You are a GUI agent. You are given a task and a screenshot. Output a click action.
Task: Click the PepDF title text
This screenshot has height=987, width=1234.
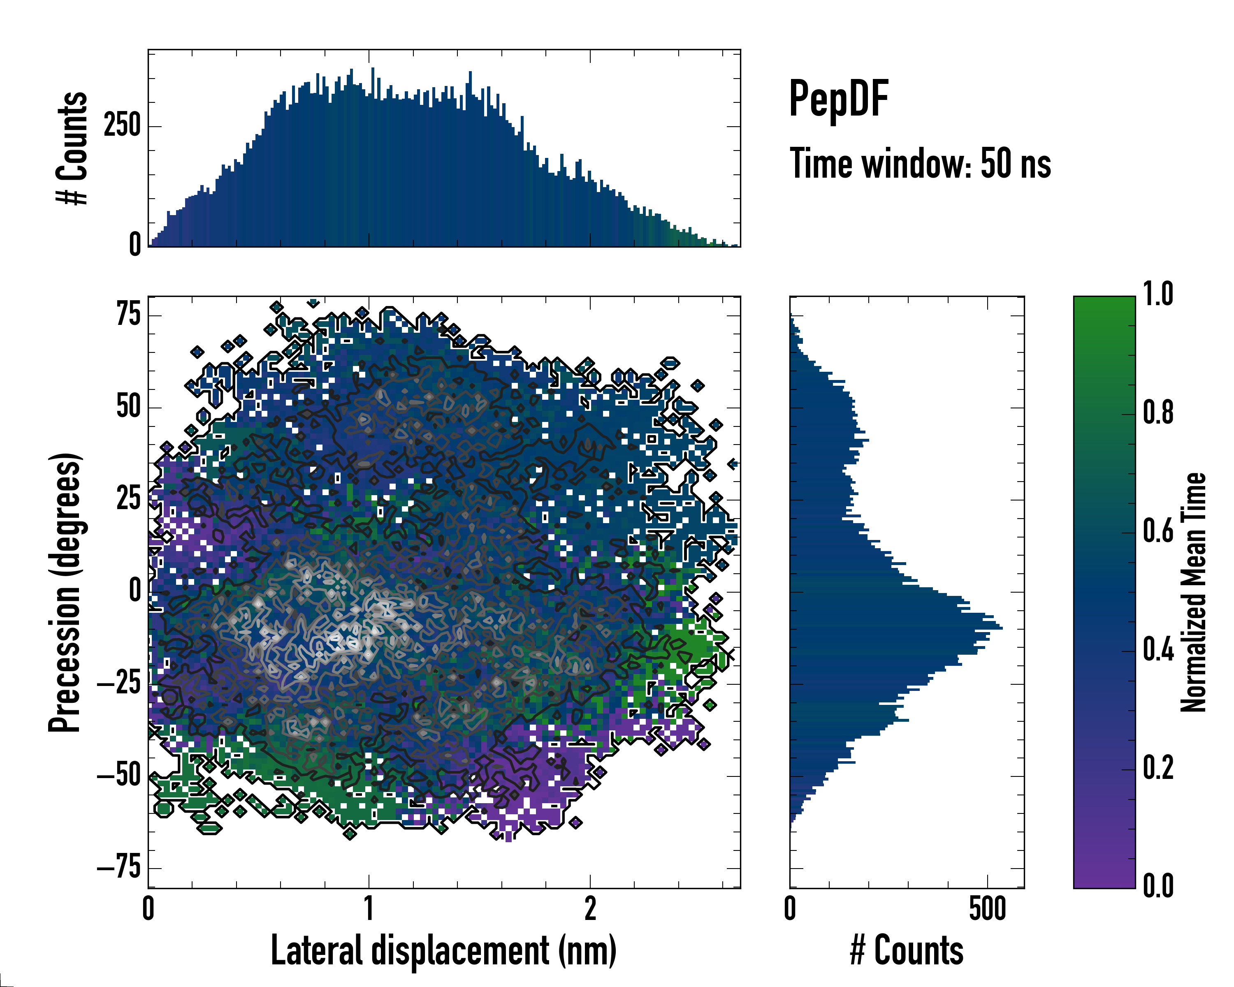pyautogui.click(x=838, y=99)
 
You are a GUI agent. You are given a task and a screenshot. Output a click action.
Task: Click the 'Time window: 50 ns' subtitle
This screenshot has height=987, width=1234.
pyautogui.click(x=920, y=164)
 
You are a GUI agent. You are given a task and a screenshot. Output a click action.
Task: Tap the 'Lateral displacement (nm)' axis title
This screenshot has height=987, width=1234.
pyautogui.click(x=443, y=950)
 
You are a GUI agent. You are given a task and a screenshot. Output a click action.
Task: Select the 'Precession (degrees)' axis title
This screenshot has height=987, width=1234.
pyautogui.click(x=65, y=592)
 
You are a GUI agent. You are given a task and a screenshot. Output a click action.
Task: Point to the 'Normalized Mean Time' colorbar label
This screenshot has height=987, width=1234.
pyautogui.click(x=1193, y=592)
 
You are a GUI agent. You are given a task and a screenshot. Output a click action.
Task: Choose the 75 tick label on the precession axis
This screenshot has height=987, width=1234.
pyautogui.click(x=128, y=314)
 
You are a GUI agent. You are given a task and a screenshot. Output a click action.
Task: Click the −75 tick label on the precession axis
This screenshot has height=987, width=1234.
pyautogui.click(x=119, y=869)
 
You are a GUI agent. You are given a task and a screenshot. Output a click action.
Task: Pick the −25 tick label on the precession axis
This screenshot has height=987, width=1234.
pyautogui.click(x=119, y=684)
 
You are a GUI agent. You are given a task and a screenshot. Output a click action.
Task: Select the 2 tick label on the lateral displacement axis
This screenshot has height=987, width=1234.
pyautogui.click(x=590, y=908)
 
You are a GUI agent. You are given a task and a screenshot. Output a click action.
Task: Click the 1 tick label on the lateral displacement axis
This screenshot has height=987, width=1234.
pyautogui.click(x=369, y=908)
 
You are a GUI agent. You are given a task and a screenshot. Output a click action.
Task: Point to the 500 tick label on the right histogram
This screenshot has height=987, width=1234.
pyautogui.click(x=987, y=908)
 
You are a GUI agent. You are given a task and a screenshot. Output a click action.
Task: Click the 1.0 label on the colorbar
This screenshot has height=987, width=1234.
pyautogui.click(x=1158, y=295)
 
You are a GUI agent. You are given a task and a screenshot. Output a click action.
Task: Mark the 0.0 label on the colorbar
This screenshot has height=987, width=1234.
pyautogui.click(x=1158, y=886)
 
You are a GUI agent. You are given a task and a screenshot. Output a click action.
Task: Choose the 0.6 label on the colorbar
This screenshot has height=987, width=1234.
pyautogui.click(x=1158, y=531)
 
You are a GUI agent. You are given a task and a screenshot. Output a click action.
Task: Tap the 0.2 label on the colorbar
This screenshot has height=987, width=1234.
pyautogui.click(x=1158, y=767)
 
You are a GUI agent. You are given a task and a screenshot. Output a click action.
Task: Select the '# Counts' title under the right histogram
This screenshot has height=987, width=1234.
pyautogui.click(x=907, y=950)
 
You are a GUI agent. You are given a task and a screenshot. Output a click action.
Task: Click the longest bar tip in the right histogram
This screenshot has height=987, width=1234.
pyautogui.click(x=1002, y=628)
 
